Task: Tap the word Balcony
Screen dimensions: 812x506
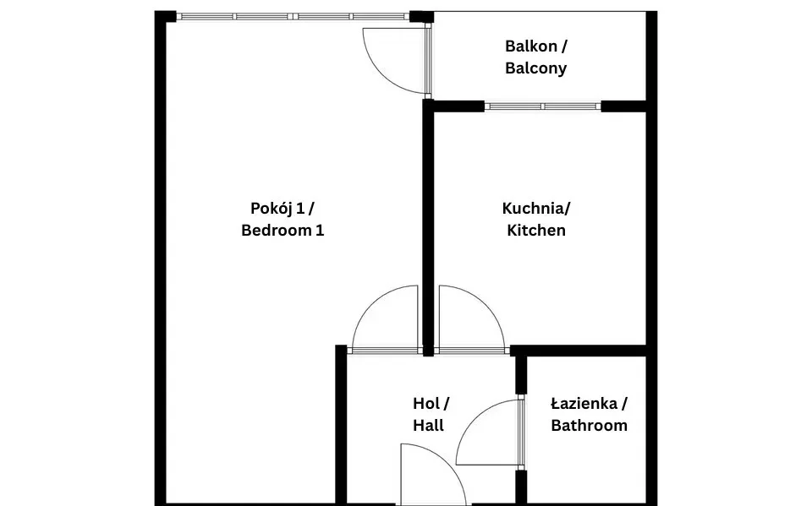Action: click(536, 68)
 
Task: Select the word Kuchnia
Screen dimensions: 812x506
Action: click(533, 209)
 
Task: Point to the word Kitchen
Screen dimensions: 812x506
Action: click(536, 231)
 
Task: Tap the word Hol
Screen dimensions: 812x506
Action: click(425, 404)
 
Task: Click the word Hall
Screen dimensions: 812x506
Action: click(428, 425)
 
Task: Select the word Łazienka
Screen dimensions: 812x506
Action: click(584, 404)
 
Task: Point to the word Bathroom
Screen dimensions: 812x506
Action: click(590, 425)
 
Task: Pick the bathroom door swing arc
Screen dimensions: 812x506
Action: click(473, 418)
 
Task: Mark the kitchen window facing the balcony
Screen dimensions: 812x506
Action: click(543, 106)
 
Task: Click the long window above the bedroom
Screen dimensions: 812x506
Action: click(294, 17)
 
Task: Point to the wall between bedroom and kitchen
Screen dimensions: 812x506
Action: click(428, 227)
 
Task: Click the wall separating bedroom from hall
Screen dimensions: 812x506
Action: click(341, 425)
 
